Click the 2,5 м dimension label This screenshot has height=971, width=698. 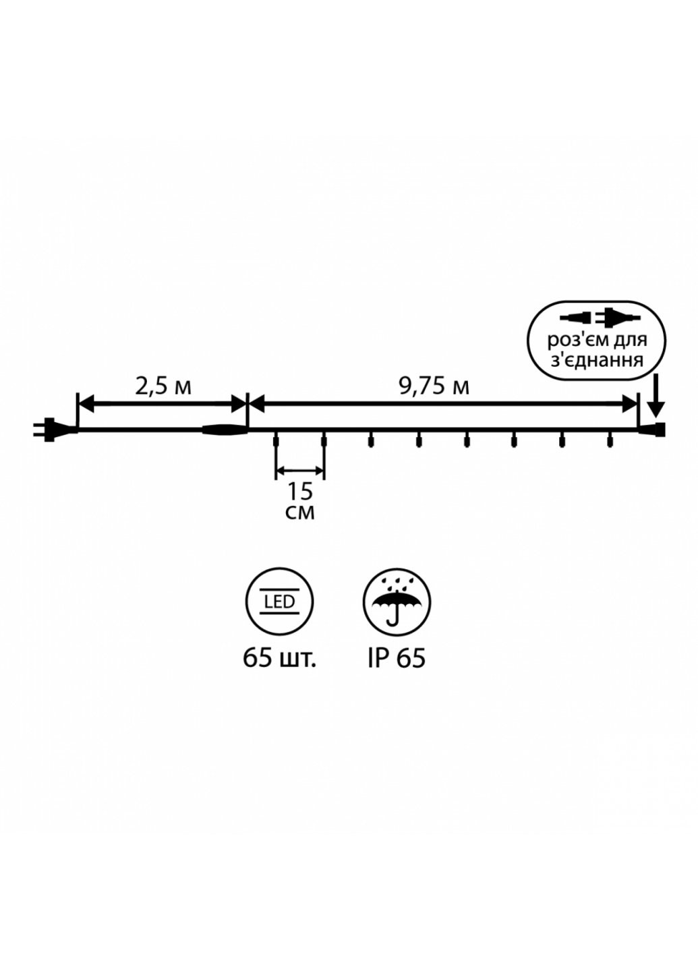[x=163, y=386]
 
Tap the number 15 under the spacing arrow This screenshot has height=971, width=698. [x=300, y=492]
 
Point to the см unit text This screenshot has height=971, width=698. [x=300, y=512]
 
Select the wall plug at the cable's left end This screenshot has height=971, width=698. [x=46, y=428]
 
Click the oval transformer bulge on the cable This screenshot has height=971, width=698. [x=224, y=429]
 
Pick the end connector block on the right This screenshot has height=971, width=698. [x=657, y=429]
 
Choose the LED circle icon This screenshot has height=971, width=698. [x=280, y=602]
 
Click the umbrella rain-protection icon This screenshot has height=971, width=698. [x=397, y=602]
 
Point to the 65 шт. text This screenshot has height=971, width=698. [x=280, y=657]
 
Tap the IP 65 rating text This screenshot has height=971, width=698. [x=397, y=657]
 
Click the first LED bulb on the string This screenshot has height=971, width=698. [x=275, y=442]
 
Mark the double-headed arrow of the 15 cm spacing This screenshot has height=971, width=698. [x=300, y=470]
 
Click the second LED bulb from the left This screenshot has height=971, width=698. [x=324, y=442]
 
